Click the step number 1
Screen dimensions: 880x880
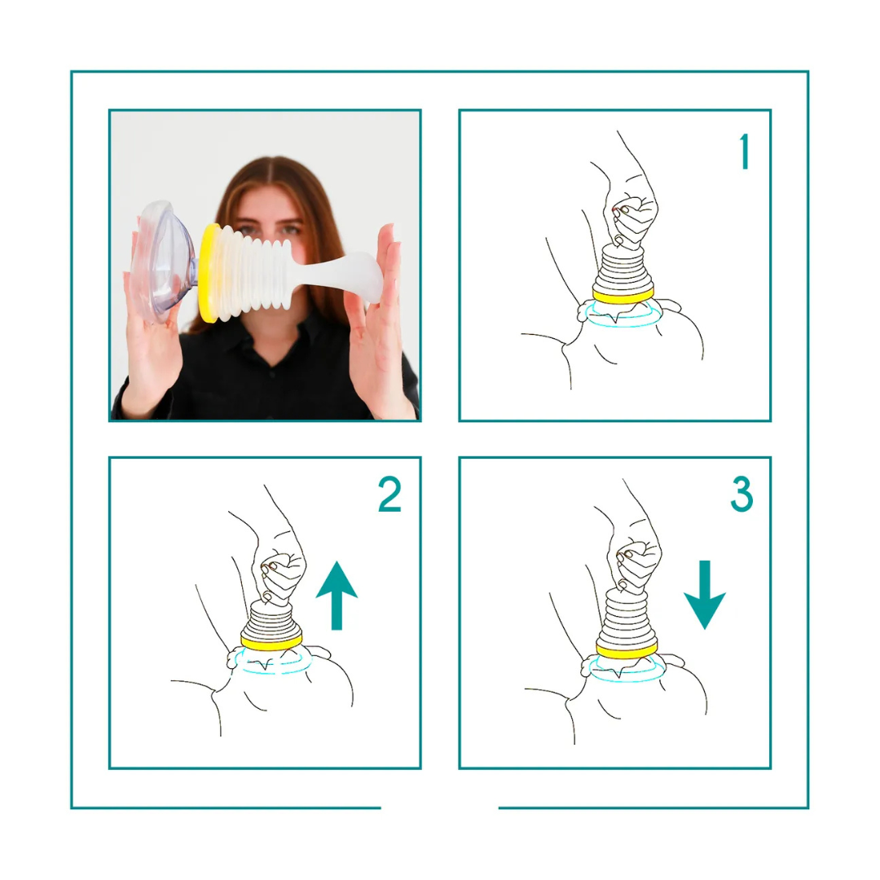tap(745, 152)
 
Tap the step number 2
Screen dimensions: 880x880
tap(390, 494)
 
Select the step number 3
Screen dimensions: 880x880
tap(741, 494)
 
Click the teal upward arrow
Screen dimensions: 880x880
tap(337, 595)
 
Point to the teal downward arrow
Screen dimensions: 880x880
tap(705, 595)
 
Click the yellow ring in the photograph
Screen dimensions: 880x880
tap(209, 273)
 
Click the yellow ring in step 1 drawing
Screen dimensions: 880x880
tap(623, 295)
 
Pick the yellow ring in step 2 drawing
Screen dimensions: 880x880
tap(271, 641)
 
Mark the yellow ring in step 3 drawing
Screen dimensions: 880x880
tap(627, 650)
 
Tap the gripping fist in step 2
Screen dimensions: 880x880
tap(280, 575)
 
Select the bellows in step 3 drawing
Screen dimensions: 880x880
tap(627, 618)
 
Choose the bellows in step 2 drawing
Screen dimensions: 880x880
tap(271, 618)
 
